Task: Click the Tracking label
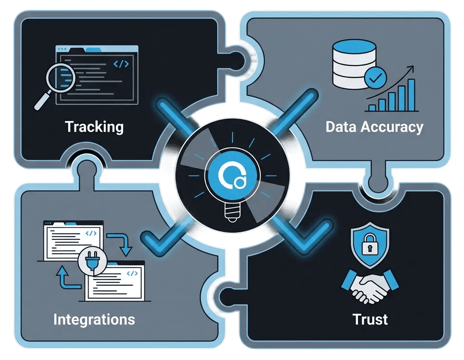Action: pyautogui.click(x=94, y=127)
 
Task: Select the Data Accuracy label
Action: pyautogui.click(x=374, y=127)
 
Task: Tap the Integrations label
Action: pyautogui.click(x=94, y=319)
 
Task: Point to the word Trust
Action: pyautogui.click(x=370, y=319)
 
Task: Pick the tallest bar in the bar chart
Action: pyautogui.click(x=411, y=95)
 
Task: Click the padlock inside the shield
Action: pyautogui.click(x=369, y=246)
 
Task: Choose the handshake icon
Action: pyautogui.click(x=370, y=286)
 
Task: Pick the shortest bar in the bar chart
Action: pyautogui.click(x=372, y=107)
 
